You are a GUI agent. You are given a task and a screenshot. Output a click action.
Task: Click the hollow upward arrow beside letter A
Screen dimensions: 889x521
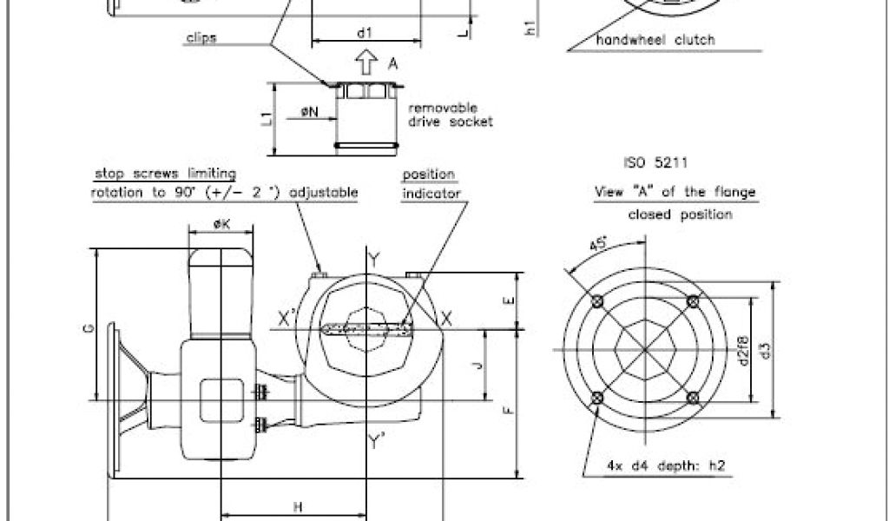366,62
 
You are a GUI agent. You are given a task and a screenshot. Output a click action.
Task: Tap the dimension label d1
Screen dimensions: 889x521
365,33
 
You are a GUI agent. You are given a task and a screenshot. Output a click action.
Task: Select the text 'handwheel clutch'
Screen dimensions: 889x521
655,40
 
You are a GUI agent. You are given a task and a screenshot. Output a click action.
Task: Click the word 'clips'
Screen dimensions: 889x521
201,38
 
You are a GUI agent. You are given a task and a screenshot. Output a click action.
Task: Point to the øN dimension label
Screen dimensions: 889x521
310,112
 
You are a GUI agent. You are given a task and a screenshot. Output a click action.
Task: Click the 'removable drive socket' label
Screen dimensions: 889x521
451,115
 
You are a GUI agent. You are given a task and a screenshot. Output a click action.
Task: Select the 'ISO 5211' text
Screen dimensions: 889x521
655,162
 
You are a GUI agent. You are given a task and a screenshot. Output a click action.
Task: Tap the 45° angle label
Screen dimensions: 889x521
598,245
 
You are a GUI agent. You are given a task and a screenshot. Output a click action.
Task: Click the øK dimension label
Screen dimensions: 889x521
221,225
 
